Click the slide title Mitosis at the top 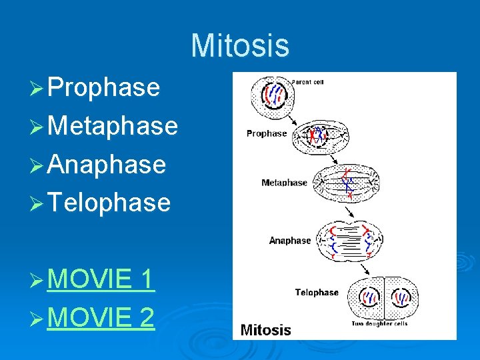240,46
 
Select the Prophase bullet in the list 103,87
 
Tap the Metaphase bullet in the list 113,125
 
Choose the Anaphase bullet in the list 107,163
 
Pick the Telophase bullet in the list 109,201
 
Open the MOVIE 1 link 101,280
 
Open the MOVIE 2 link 101,318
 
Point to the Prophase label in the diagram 266,133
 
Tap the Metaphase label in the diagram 285,183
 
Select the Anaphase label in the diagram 290,240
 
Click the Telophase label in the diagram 317,292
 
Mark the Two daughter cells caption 379,324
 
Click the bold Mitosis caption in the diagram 265,329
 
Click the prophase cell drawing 318,137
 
